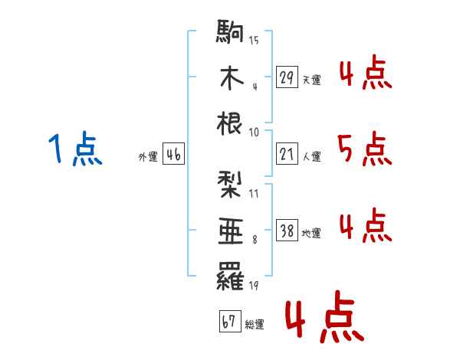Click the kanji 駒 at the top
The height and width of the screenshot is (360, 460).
point(230,31)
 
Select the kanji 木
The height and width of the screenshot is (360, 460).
point(232,77)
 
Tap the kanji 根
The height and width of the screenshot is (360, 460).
point(229,123)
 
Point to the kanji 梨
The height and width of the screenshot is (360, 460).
point(229,185)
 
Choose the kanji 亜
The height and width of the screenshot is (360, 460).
point(231,231)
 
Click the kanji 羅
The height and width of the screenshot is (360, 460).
point(230,277)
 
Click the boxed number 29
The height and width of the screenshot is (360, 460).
point(287,77)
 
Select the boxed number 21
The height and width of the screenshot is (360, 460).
point(287,154)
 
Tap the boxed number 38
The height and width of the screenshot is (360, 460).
point(287,230)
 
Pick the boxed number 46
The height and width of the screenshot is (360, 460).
point(173,154)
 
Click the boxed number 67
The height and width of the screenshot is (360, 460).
point(230,321)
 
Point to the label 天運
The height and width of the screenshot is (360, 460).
point(312,80)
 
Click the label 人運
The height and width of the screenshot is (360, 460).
point(312,156)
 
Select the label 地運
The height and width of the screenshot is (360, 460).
point(311,233)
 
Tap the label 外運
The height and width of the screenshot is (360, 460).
point(148,156)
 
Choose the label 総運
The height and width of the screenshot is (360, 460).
point(255,324)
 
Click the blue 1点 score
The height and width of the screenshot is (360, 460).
point(75,148)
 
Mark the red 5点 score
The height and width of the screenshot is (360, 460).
point(365,149)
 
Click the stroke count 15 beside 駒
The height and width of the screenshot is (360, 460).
point(254,40)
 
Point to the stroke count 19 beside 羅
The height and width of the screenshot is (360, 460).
point(254,285)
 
